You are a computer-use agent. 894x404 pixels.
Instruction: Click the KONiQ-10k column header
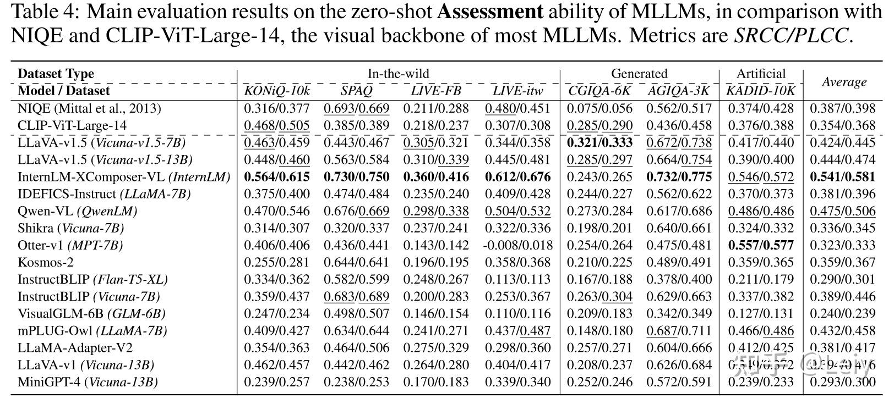(277, 91)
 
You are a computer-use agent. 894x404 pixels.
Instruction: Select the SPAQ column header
(356, 91)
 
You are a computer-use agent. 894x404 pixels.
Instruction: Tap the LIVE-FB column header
(436, 91)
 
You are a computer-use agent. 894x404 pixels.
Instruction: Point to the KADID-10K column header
(761, 91)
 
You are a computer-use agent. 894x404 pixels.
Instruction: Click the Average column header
(844, 82)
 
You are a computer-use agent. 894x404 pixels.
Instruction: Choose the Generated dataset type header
(639, 74)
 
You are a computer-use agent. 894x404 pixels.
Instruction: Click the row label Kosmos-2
(45, 262)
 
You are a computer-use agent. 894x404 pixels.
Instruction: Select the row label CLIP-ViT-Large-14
(72, 125)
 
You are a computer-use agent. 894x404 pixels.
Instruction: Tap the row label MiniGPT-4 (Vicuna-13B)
(88, 382)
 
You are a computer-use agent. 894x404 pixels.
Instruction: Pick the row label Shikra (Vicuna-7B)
(70, 228)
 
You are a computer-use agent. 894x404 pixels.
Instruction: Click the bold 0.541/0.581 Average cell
(842, 177)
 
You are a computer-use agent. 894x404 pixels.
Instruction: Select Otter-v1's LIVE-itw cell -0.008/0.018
(517, 245)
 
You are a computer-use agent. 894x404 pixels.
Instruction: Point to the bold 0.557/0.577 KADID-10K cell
(761, 245)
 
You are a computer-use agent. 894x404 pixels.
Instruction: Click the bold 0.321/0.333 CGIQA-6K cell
(600, 142)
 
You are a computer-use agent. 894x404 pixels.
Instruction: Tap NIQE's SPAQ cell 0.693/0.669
(356, 108)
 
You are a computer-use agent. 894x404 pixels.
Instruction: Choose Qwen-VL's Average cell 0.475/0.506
(842, 211)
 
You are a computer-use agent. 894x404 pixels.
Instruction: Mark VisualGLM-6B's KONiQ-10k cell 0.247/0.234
(277, 313)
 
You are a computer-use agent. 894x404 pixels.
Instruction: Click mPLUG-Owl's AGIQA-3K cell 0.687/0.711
(679, 330)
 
